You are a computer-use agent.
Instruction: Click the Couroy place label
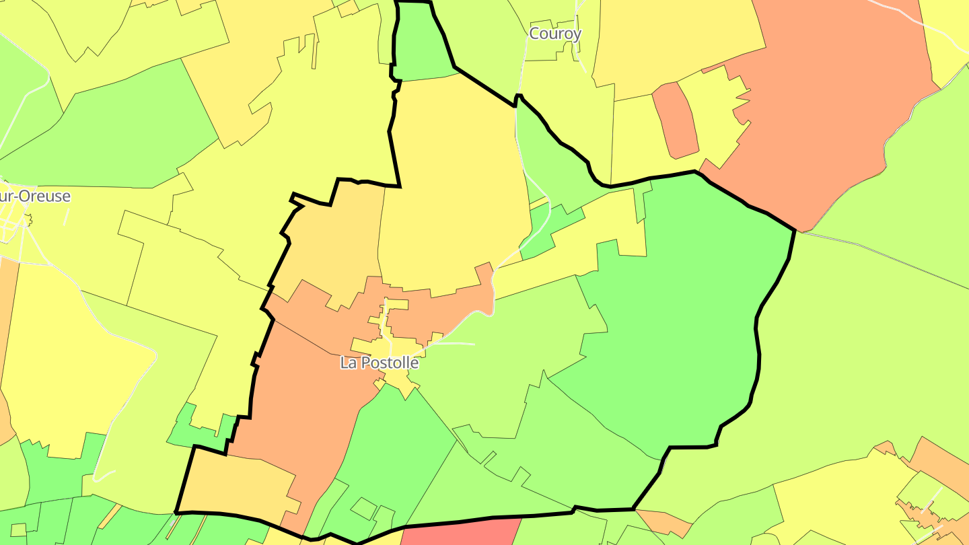[555, 34]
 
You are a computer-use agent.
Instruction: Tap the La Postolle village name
[380, 363]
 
